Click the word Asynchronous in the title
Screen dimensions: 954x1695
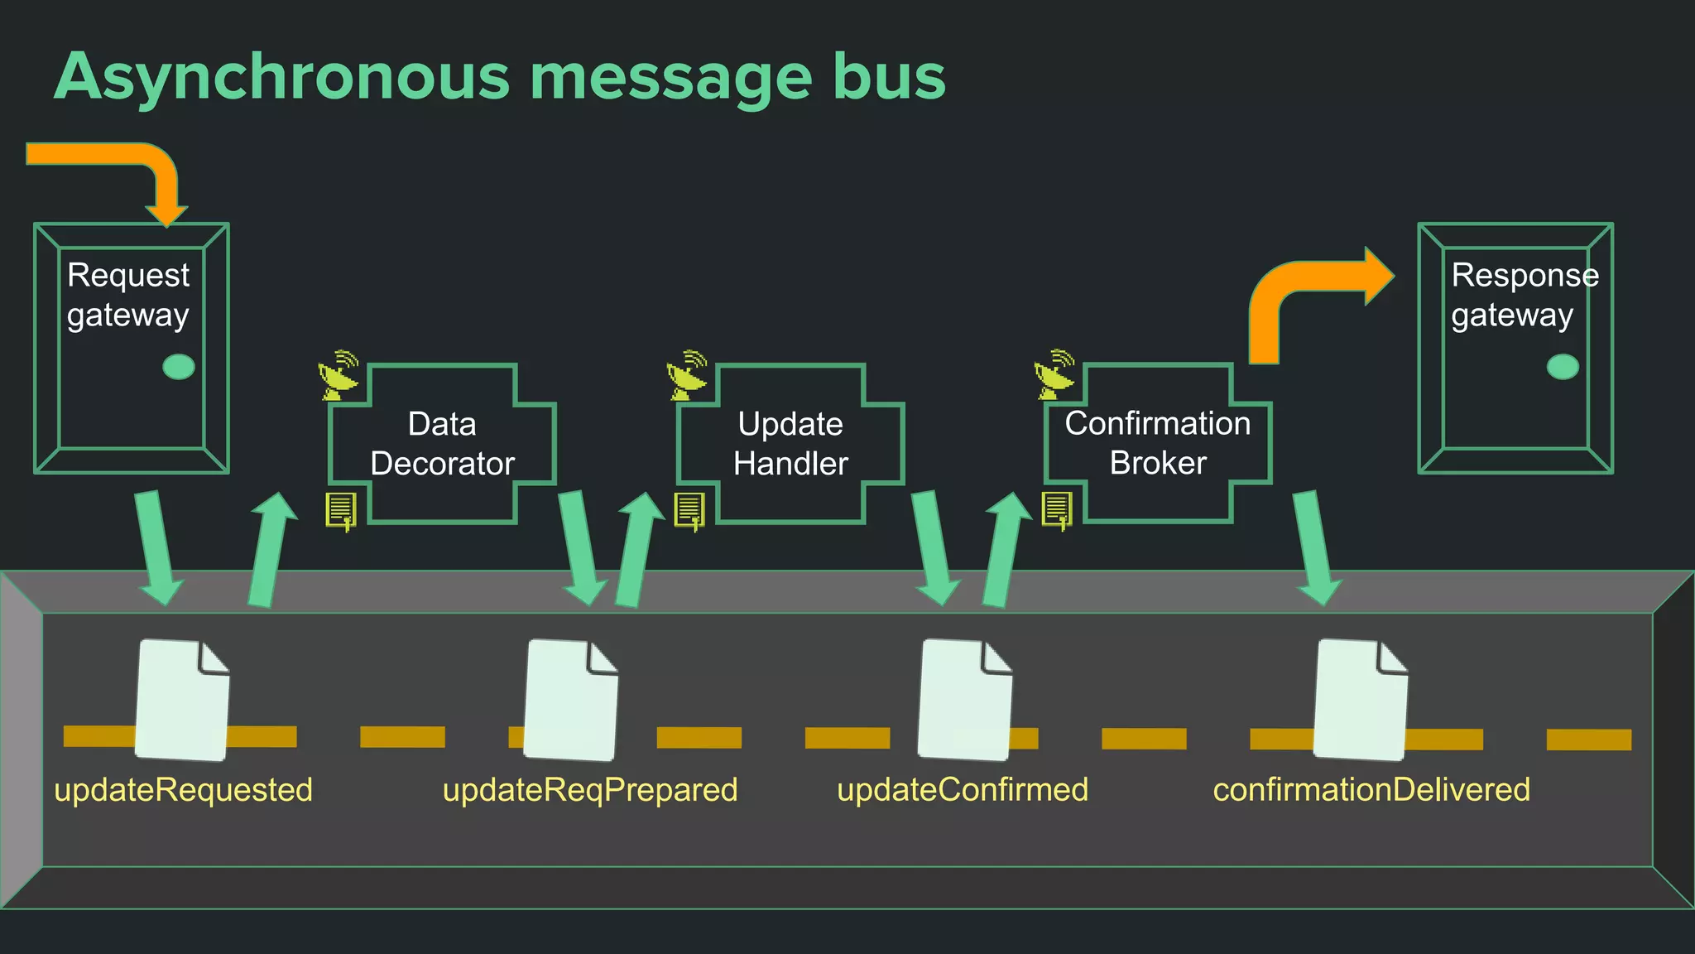[x=281, y=77]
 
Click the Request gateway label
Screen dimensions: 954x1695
[x=128, y=295]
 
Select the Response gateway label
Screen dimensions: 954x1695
[x=1523, y=295]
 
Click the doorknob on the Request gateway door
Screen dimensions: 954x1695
[x=179, y=366]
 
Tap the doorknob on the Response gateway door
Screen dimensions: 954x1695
[x=1563, y=366]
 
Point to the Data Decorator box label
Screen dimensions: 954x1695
[x=442, y=444]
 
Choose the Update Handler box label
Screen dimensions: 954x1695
[x=790, y=444]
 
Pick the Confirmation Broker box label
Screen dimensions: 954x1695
[x=1157, y=443]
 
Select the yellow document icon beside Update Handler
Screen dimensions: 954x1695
[x=689, y=510]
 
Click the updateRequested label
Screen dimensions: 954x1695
[x=183, y=789]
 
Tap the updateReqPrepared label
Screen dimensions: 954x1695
[x=590, y=789]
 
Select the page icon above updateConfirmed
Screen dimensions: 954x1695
[x=965, y=700]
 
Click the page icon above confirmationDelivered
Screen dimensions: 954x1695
[x=1361, y=700]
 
